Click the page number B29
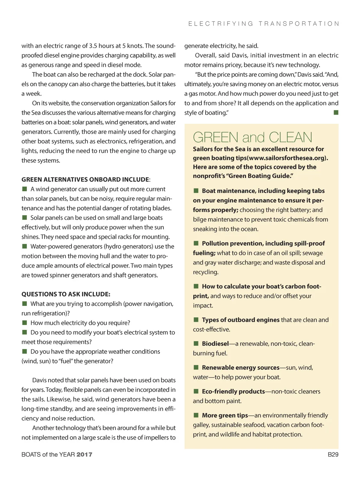pyautogui.click(x=333, y=454)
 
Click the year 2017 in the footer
pyautogui.click(x=84, y=454)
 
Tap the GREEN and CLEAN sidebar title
pyautogui.click(x=252, y=137)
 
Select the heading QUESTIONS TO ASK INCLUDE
pyautogui.click(x=66, y=294)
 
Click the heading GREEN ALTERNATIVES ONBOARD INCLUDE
pyautogui.click(x=85, y=179)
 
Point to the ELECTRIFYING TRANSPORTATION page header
pyautogui.click(x=264, y=24)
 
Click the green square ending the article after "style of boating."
pyautogui.click(x=336, y=113)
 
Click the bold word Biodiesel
pyautogui.click(x=215, y=344)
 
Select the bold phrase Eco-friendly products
pyautogui.click(x=233, y=391)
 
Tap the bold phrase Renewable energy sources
pyautogui.click(x=240, y=367)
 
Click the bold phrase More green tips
pyautogui.click(x=225, y=415)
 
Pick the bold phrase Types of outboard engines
pyautogui.click(x=240, y=320)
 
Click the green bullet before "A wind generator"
pyautogui.click(x=25, y=189)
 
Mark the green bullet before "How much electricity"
pyautogui.click(x=25, y=323)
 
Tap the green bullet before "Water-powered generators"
pyautogui.click(x=25, y=246)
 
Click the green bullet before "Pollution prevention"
pyautogui.click(x=196, y=243)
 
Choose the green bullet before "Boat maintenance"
pyautogui.click(x=196, y=191)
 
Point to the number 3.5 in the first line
pyautogui.click(x=93, y=46)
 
